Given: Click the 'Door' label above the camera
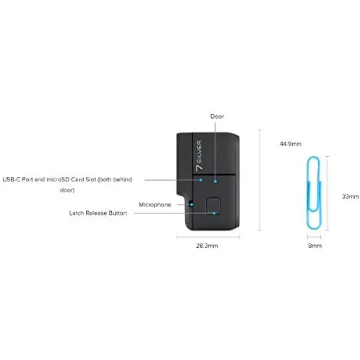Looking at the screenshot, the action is tap(217, 117).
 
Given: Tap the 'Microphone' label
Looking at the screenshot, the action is tap(155, 204).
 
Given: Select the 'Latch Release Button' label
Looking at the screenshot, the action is tap(98, 213).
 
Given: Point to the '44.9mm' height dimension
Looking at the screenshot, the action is tap(290, 144).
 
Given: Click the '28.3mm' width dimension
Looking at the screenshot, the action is tap(207, 246).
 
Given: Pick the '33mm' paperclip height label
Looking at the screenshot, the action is tap(350, 196).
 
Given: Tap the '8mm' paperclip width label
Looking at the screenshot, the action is tap(315, 246).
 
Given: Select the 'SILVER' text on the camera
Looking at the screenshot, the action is tap(199, 151).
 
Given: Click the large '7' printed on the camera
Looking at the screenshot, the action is tap(199, 167).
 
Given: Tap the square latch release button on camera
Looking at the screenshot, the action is tap(213, 205).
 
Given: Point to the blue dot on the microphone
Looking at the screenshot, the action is tap(192, 204).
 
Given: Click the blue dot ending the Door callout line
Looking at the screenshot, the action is tap(215, 181).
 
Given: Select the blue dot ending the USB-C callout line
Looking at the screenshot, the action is tap(201, 180).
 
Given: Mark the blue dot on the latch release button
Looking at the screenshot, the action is tap(214, 213).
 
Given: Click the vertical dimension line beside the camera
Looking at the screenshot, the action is tap(260, 180).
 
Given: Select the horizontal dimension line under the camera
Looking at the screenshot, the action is tap(208, 237).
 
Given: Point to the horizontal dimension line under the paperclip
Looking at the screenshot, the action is tap(314, 237).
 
